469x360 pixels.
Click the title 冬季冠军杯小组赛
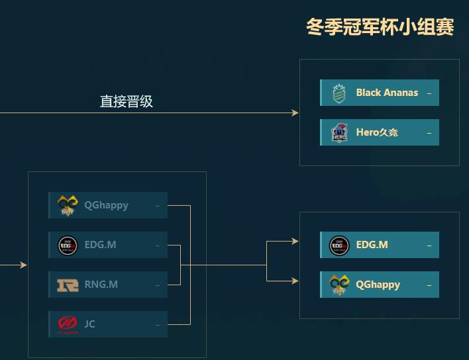tap(380, 27)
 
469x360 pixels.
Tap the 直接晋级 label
tap(127, 101)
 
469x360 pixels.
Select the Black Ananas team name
tap(387, 93)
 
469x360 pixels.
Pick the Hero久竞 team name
tap(377, 132)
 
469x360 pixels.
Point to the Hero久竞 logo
tap(339, 132)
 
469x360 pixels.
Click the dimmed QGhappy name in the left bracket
tap(106, 205)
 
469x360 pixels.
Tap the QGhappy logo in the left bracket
tap(68, 205)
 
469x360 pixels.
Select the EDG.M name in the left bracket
tap(100, 245)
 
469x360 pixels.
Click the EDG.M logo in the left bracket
tap(68, 245)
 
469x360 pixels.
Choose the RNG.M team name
tap(101, 285)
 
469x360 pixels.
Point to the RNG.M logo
tap(68, 285)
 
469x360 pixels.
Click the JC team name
tap(90, 324)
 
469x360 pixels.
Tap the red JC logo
tap(68, 324)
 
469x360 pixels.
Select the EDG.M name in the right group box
tap(372, 245)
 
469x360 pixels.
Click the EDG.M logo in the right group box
tap(339, 245)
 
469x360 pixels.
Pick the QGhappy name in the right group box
tap(378, 285)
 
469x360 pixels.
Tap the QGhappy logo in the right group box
tap(339, 285)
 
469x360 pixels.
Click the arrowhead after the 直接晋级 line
tap(295, 113)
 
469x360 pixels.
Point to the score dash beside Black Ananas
tap(429, 93)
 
